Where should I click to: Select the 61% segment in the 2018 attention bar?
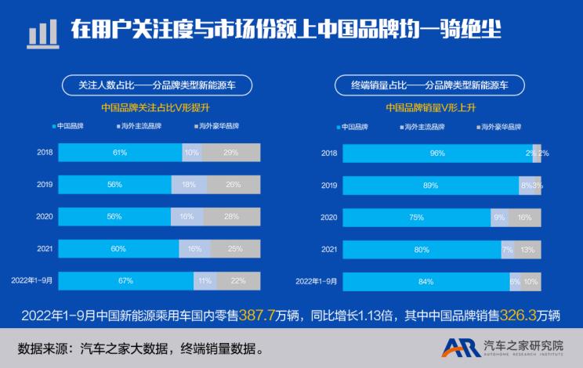[x=120, y=153]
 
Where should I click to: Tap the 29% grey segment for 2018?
[x=231, y=153]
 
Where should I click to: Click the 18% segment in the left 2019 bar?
[x=189, y=185]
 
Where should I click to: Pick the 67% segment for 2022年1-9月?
[x=125, y=280]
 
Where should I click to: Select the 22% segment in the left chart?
[x=238, y=280]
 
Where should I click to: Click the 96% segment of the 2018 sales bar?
[x=437, y=153]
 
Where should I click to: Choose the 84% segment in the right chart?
[x=425, y=280]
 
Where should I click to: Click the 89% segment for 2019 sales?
[x=430, y=186]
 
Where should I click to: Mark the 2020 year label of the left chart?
[x=45, y=216]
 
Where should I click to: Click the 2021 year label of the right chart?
[x=329, y=249]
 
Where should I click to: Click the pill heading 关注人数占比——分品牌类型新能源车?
[x=161, y=83]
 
